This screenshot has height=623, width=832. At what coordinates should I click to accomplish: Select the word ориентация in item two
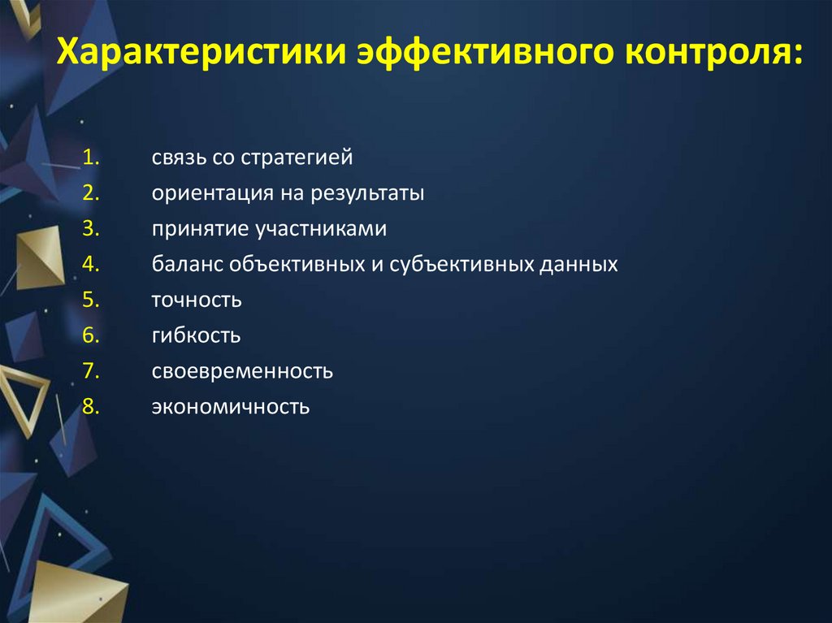click(202, 194)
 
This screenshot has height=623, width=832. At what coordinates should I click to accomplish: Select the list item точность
click(196, 301)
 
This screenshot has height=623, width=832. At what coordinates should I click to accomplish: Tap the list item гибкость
click(195, 335)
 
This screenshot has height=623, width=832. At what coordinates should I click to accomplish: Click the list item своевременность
click(241, 371)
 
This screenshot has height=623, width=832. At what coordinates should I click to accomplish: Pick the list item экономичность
click(230, 407)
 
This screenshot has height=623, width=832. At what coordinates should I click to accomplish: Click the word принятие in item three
click(199, 230)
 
